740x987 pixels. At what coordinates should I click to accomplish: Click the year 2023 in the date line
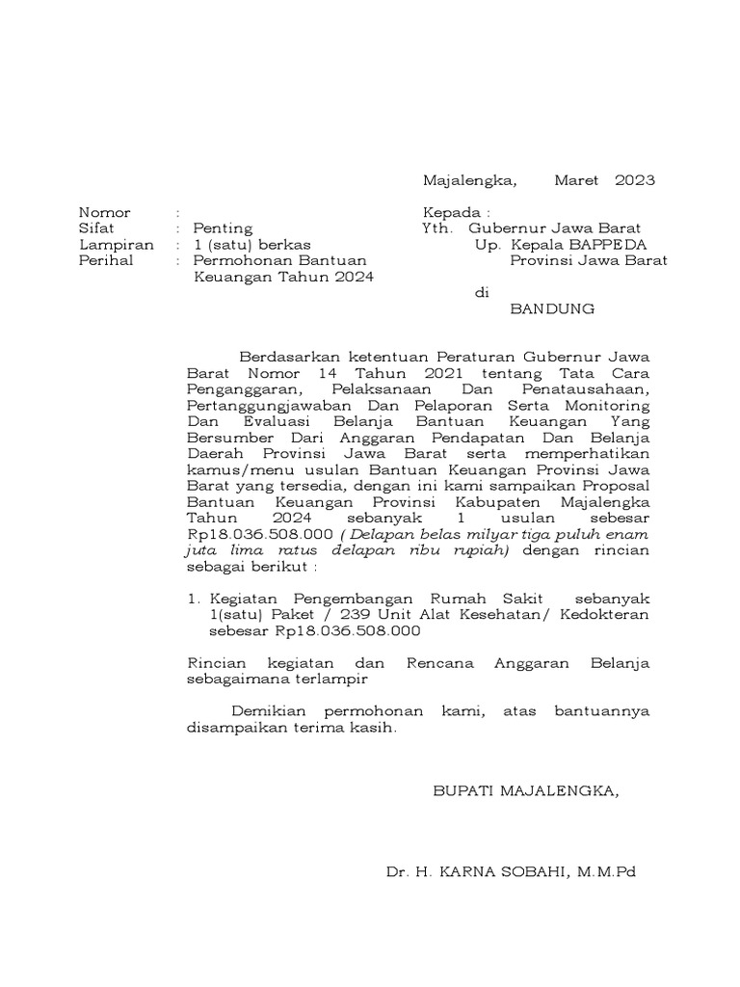click(634, 180)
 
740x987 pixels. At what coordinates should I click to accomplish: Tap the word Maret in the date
click(576, 180)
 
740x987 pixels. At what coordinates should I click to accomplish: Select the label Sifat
click(96, 228)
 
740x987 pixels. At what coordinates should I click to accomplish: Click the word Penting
click(223, 228)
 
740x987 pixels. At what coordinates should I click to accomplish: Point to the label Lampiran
click(116, 245)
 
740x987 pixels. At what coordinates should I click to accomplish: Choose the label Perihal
click(106, 260)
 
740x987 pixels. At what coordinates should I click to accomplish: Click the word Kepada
click(452, 212)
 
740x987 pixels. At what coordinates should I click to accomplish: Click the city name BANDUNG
click(552, 309)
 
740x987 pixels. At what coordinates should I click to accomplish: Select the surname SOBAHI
click(534, 872)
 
